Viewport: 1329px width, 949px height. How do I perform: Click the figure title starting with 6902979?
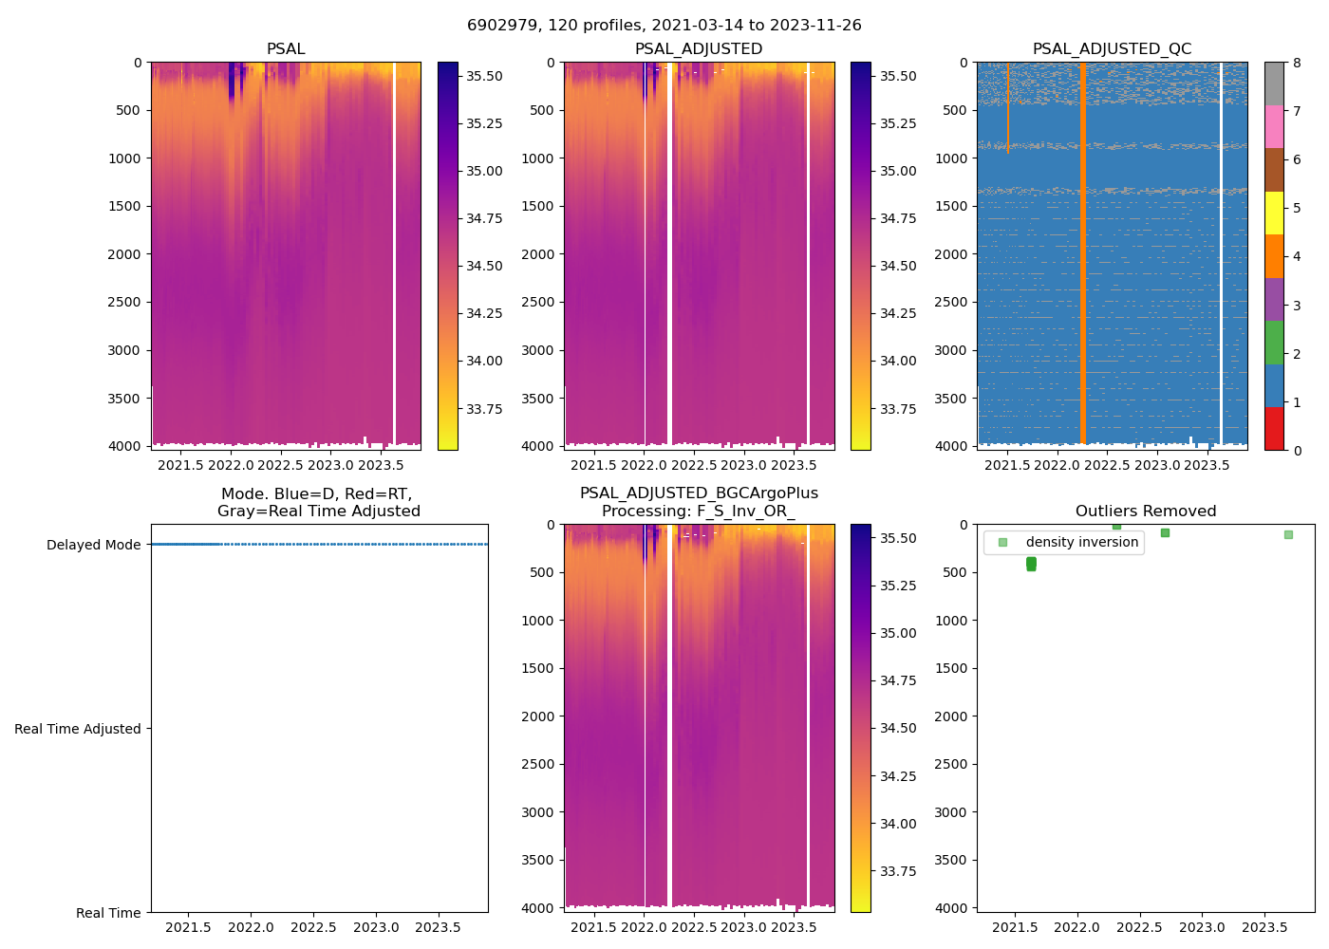[x=664, y=26]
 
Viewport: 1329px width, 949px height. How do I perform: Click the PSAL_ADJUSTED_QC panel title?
[x=1112, y=49]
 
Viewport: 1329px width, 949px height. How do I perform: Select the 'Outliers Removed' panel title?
[x=1145, y=512]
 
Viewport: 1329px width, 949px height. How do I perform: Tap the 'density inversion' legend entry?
[x=1081, y=542]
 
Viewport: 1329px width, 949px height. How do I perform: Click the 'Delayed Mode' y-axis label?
[x=93, y=545]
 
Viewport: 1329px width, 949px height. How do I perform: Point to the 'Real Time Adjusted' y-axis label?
[x=77, y=729]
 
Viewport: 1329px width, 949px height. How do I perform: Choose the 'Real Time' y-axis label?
[x=108, y=913]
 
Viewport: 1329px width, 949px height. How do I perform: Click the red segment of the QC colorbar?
[x=1274, y=428]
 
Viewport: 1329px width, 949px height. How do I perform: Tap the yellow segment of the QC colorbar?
[x=1274, y=213]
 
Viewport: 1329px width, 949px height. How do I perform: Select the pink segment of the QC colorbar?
[x=1274, y=126]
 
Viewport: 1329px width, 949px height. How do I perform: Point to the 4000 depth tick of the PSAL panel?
[x=125, y=446]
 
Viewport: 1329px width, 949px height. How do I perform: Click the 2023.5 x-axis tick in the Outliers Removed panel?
[x=1264, y=927]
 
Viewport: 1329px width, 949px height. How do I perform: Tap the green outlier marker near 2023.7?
[x=1288, y=534]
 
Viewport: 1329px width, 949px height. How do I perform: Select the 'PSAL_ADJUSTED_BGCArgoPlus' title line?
[x=699, y=493]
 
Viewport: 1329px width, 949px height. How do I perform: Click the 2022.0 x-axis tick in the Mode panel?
[x=251, y=927]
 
